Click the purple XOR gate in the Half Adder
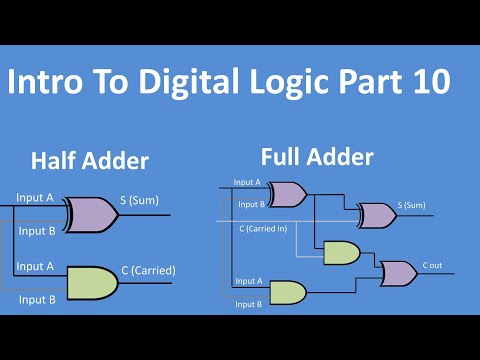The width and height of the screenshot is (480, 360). coord(92,213)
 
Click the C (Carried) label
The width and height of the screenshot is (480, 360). coord(148,269)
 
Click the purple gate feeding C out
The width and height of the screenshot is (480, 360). coord(399,272)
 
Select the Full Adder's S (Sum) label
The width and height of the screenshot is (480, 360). coord(410,206)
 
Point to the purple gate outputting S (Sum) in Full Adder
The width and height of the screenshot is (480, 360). coord(376,214)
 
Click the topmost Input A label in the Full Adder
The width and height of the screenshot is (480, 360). coord(247,182)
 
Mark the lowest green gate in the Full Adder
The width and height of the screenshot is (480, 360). coord(288,291)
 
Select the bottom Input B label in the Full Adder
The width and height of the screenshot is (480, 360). coord(248,302)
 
